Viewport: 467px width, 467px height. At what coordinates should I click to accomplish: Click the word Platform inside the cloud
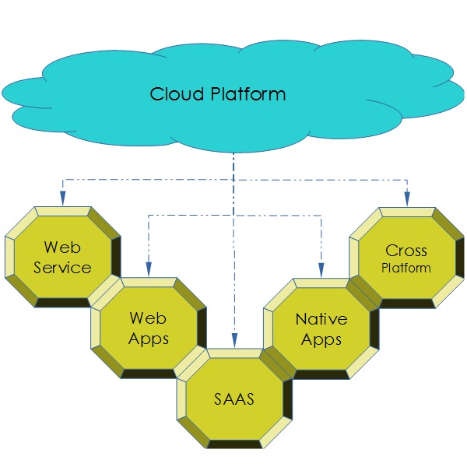(x=248, y=95)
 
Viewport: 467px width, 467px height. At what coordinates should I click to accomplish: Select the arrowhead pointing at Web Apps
(x=148, y=269)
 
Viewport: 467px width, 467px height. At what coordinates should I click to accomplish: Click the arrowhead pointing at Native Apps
(x=321, y=269)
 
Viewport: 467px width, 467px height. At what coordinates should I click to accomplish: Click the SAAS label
(x=234, y=401)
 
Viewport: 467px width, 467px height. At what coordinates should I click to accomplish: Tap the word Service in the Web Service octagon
(x=63, y=267)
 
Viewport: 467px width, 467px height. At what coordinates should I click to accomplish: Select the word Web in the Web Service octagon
(x=63, y=248)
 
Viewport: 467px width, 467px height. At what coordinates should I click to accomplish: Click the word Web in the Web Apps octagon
(x=149, y=318)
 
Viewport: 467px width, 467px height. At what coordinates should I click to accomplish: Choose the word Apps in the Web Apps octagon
(x=149, y=339)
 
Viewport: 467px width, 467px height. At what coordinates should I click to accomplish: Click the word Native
(x=321, y=319)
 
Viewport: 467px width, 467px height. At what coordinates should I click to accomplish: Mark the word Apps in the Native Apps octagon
(x=321, y=339)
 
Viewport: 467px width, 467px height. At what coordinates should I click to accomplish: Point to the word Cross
(x=406, y=251)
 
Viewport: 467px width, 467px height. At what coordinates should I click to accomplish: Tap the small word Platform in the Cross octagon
(x=406, y=268)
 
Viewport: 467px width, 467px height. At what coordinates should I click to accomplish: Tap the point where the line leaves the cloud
(x=233, y=153)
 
